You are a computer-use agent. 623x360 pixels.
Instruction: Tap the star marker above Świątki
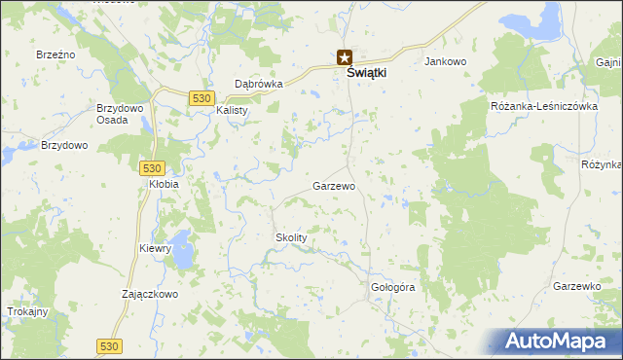click(344, 58)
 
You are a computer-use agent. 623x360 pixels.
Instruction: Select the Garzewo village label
click(333, 185)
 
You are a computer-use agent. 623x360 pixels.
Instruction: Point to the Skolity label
click(291, 237)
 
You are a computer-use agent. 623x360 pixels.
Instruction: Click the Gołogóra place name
click(393, 288)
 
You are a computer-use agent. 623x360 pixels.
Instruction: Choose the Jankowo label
click(446, 61)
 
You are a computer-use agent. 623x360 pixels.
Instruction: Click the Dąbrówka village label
click(259, 84)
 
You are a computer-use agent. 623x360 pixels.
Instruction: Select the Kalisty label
click(233, 110)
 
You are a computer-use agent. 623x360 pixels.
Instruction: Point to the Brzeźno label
click(55, 55)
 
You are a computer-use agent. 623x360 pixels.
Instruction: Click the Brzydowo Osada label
click(116, 114)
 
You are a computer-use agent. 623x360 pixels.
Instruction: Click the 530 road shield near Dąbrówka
click(202, 98)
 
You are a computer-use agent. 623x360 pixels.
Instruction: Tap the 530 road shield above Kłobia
click(151, 167)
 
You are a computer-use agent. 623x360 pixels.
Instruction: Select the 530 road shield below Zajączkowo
click(110, 345)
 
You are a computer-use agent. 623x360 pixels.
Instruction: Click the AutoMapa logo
click(558, 341)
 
